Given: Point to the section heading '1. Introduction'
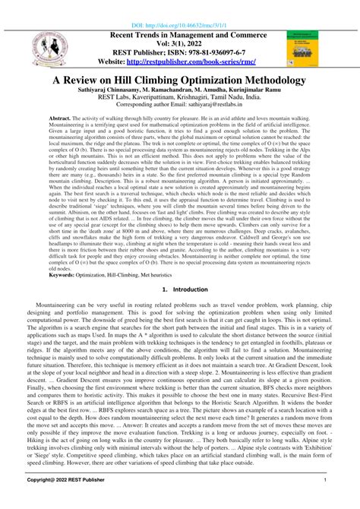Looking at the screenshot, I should (180, 289).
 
